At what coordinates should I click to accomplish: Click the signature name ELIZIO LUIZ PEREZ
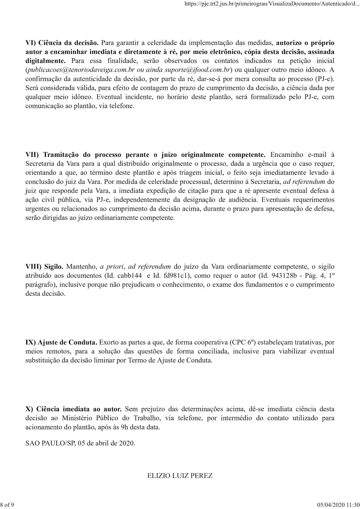coord(180,476)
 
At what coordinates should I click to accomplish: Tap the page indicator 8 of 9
coord(7,505)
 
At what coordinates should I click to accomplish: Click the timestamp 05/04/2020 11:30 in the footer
coord(339,505)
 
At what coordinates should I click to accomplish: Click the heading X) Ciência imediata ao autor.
coord(74,409)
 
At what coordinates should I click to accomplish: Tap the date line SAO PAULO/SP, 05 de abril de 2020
coord(80,443)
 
